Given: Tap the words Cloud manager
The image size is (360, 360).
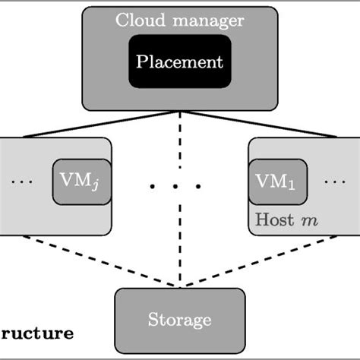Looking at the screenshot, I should pos(179,19).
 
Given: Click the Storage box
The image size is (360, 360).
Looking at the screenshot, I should pos(180,320).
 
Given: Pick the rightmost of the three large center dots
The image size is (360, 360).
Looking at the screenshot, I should pos(199,185).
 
